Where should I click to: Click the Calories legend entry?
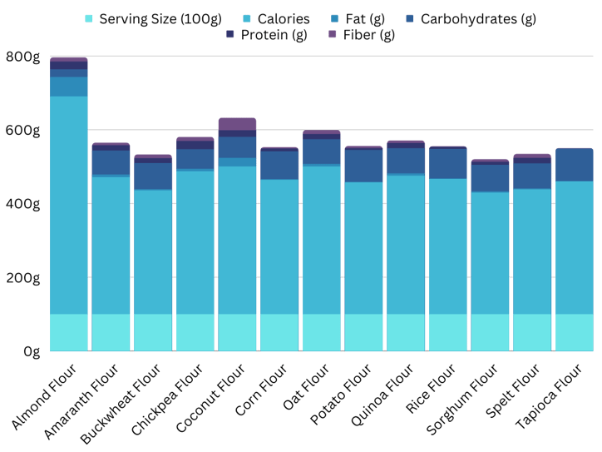pyautogui.click(x=276, y=18)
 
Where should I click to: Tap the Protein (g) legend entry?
pyautogui.click(x=274, y=35)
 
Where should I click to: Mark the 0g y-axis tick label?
pyautogui.click(x=31, y=351)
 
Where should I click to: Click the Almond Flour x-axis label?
pyautogui.click(x=47, y=395)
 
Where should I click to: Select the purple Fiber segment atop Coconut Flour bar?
pyautogui.click(x=237, y=124)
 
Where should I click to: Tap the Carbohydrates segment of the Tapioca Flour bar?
pyautogui.click(x=575, y=164)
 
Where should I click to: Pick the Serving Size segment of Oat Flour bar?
pyautogui.click(x=322, y=332)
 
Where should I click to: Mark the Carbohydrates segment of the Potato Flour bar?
pyautogui.click(x=364, y=166)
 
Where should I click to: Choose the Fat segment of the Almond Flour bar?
pyautogui.click(x=69, y=86)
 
